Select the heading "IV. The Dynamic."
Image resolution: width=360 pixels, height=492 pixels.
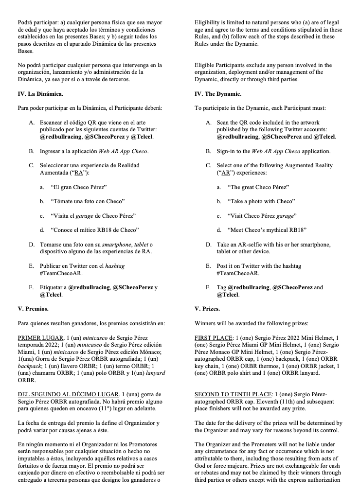217,94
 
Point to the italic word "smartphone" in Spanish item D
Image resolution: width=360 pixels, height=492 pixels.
114,244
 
